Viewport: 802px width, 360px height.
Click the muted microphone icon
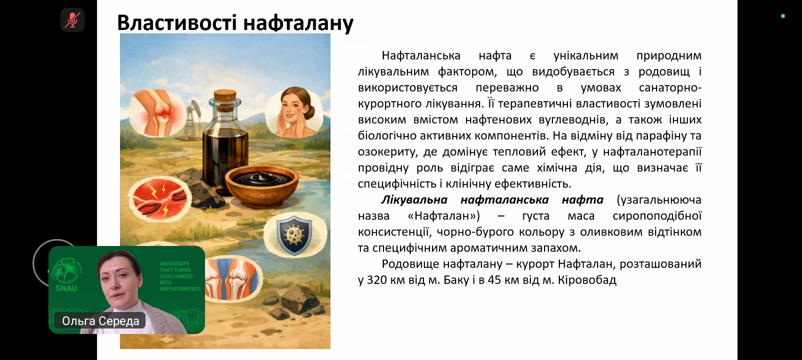click(x=72, y=20)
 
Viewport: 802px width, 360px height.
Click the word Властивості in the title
click(x=177, y=22)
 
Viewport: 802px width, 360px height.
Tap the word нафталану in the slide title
click(x=298, y=23)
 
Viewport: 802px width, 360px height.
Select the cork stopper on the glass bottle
click(x=225, y=96)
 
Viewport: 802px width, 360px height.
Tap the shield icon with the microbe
click(x=294, y=234)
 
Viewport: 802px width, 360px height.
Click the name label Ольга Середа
click(x=100, y=320)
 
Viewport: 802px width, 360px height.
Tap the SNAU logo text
click(x=66, y=288)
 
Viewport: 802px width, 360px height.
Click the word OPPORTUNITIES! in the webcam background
click(x=180, y=288)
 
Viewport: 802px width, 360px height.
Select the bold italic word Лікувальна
click(x=414, y=200)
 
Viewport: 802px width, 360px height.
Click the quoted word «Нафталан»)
click(x=444, y=216)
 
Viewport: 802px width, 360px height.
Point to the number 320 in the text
click(x=377, y=280)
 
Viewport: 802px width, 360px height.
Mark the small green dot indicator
click(x=783, y=16)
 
